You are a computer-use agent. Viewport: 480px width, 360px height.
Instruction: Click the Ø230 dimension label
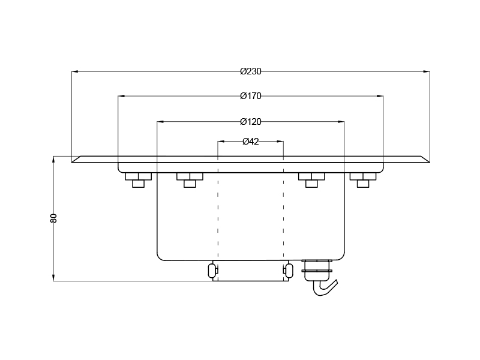pos(251,71)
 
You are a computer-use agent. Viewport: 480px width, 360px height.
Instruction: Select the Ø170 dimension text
pos(251,96)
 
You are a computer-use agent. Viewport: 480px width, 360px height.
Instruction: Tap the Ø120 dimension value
pos(251,122)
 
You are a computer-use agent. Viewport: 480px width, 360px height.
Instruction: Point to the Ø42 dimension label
pos(251,142)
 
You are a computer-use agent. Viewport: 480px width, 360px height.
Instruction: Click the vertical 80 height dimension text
pos(53,218)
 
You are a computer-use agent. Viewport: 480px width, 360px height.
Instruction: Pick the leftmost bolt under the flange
pos(138,179)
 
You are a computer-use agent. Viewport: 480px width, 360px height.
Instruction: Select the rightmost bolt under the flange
pos(362,179)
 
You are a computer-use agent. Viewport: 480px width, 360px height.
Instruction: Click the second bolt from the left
pos(190,179)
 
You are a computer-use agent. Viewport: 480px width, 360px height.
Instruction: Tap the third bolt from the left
pos(311,179)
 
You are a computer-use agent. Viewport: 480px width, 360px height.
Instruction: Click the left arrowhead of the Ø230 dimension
pos(75,71)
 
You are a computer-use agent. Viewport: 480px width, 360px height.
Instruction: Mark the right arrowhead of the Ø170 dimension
pos(380,96)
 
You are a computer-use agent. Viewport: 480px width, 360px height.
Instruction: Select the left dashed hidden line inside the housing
pos(218,210)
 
